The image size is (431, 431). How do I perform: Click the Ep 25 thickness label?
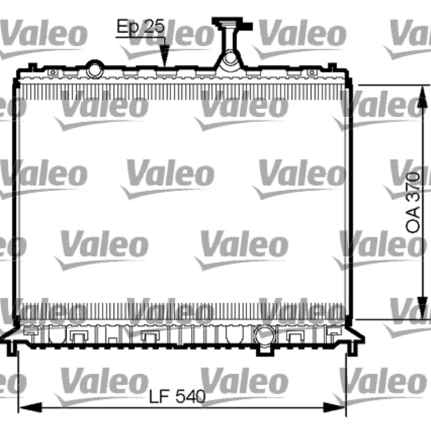tap(141, 26)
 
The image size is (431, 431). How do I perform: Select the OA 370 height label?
tap(413, 203)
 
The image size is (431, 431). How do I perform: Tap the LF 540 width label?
tap(177, 397)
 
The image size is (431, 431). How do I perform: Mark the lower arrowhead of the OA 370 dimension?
tap(422, 308)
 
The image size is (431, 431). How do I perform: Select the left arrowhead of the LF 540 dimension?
tap(30, 408)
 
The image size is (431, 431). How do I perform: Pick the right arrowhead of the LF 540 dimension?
tap(334, 408)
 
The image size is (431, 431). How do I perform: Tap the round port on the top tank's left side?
tap(95, 69)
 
